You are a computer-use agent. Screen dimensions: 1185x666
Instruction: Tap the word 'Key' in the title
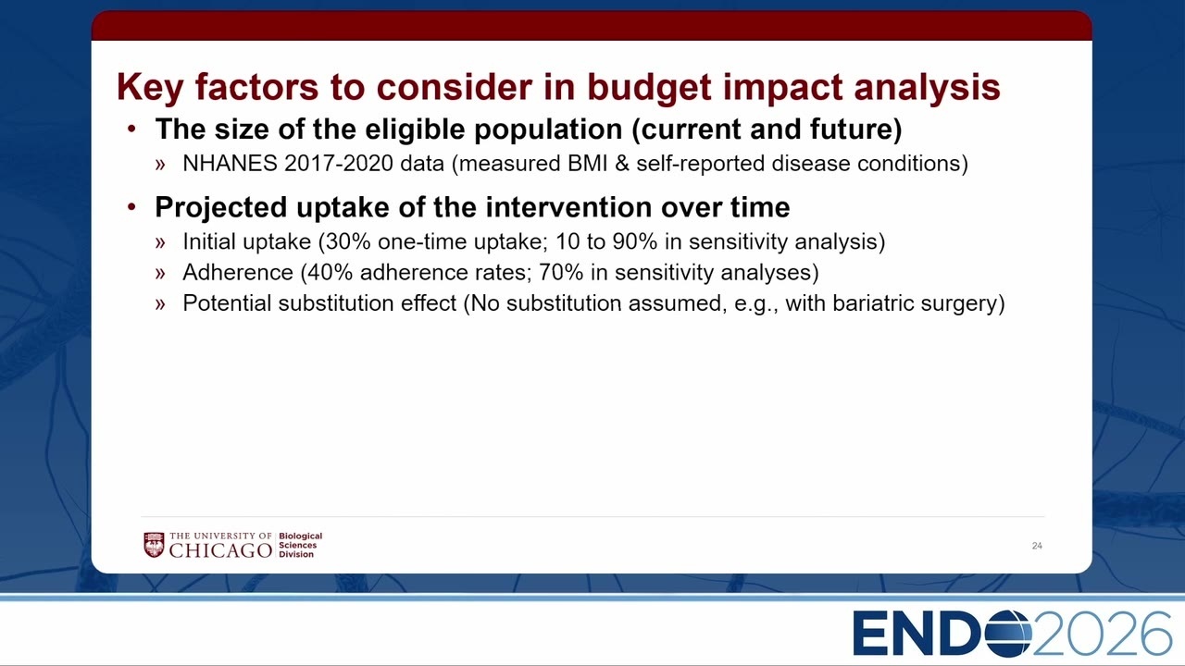pyautogui.click(x=150, y=88)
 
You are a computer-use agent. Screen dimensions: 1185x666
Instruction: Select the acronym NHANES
pyautogui.click(x=231, y=164)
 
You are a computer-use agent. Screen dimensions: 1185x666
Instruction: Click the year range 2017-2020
pyautogui.click(x=339, y=164)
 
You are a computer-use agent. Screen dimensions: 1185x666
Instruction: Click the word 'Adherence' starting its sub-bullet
pyautogui.click(x=238, y=273)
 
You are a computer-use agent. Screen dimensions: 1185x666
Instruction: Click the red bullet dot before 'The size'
pyautogui.click(x=131, y=129)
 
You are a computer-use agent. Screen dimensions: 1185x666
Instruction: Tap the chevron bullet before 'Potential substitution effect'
pyautogui.click(x=160, y=304)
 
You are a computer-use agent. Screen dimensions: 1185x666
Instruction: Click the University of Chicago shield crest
pyautogui.click(x=154, y=545)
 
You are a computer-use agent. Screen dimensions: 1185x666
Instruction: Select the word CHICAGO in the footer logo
pyautogui.click(x=220, y=550)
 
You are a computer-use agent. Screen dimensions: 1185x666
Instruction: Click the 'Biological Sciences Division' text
pyautogui.click(x=301, y=545)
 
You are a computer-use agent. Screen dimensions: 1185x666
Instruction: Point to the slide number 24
pyautogui.click(x=1037, y=546)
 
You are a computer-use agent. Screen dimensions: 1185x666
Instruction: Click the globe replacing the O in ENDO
pyautogui.click(x=1007, y=633)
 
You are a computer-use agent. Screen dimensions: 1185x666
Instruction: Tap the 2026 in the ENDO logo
pyautogui.click(x=1102, y=633)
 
